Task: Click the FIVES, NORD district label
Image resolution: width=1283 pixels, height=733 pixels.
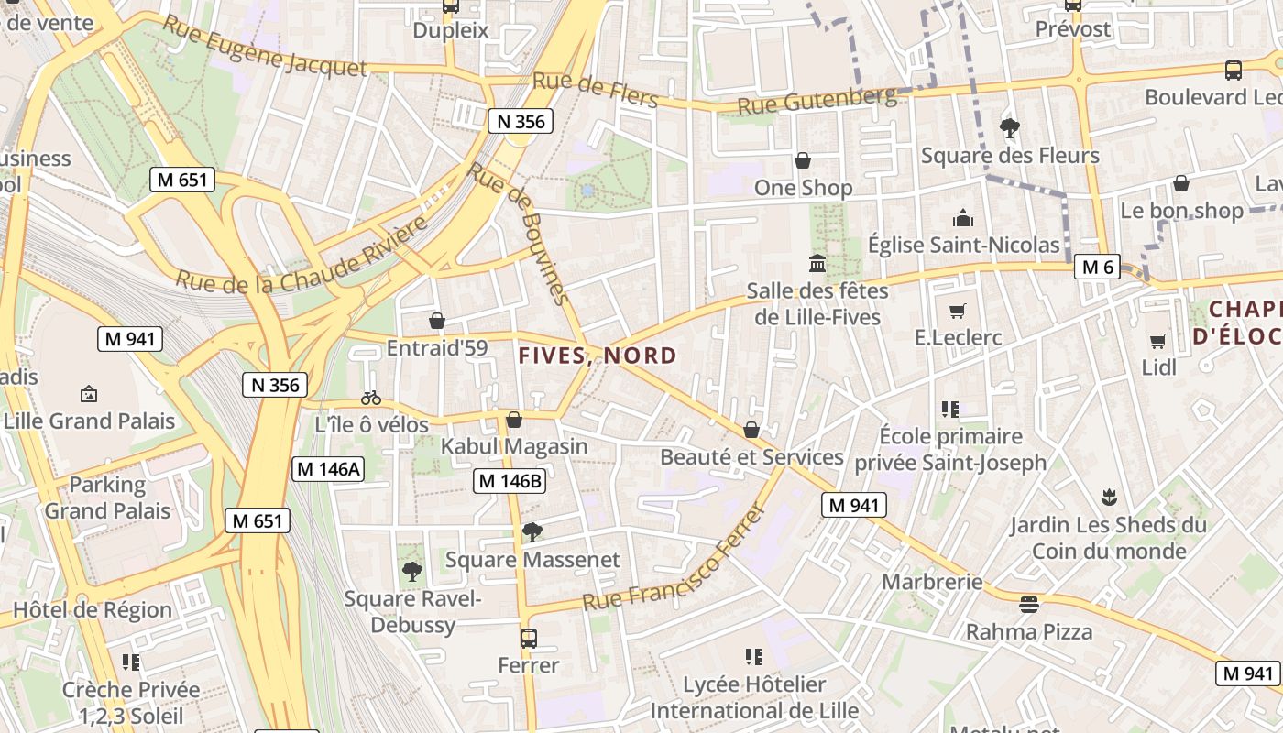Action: point(598,356)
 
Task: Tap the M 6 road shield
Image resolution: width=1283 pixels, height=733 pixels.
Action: point(1097,267)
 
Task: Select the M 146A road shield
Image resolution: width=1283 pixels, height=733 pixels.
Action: point(328,469)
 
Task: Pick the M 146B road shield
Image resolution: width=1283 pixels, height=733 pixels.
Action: point(510,480)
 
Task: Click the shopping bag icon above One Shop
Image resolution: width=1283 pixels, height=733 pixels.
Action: point(803,161)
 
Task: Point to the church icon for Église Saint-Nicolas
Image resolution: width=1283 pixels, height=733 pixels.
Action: point(962,218)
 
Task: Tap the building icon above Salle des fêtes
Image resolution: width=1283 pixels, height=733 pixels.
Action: point(817,264)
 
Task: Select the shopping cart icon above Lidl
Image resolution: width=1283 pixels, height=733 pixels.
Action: point(1158,341)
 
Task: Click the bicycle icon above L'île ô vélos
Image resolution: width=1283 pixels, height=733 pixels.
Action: point(371,398)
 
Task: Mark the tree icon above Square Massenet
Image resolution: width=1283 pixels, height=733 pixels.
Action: point(532,532)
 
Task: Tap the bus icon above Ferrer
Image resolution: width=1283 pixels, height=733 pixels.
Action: point(528,639)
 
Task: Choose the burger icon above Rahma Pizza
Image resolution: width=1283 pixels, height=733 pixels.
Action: point(1029,605)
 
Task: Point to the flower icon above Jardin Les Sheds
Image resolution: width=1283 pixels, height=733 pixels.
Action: point(1109,498)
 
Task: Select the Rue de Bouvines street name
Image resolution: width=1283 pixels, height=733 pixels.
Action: point(519,233)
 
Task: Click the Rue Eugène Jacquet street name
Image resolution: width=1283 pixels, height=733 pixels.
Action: point(265,47)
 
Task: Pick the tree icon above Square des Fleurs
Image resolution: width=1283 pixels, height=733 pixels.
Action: point(1010,128)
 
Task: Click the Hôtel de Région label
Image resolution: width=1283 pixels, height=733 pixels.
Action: point(93,610)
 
